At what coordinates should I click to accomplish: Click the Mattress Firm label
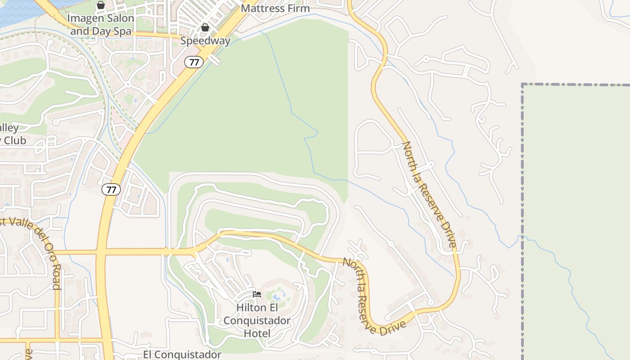[x=275, y=8]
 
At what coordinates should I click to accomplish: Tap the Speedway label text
[x=205, y=41]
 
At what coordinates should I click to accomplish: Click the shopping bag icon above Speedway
[x=205, y=27]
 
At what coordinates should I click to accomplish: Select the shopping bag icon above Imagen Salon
[x=101, y=5]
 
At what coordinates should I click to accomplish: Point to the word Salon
[x=118, y=18]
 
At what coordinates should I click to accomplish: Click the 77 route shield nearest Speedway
[x=193, y=62]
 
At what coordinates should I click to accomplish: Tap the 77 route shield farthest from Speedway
[x=111, y=189]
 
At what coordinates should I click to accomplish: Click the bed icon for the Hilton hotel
[x=257, y=294]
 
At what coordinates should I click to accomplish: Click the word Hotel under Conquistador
[x=257, y=333]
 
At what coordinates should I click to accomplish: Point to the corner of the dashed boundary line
[x=522, y=85]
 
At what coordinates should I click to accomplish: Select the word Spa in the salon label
[x=122, y=31]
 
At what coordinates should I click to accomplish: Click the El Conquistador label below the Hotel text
[x=182, y=355]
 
